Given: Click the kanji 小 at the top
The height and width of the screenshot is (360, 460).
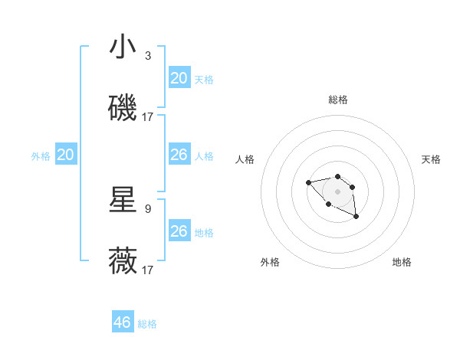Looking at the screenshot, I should point(123,47).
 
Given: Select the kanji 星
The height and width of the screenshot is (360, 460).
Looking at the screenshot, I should point(123,200).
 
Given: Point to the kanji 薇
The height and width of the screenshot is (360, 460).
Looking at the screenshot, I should point(123,261).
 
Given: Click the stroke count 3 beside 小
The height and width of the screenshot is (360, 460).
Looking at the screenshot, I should point(148,56).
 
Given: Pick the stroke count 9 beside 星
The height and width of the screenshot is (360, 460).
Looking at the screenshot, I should point(148,208).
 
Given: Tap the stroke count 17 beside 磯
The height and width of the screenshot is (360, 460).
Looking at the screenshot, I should point(148,117).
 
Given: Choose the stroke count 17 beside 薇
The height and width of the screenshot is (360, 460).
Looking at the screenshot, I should point(148,270).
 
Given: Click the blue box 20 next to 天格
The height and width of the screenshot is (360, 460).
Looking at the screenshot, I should point(179,78).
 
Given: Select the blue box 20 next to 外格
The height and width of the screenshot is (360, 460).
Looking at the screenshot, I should point(66,155).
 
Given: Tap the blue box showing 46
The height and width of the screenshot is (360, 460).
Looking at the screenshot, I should point(123,322).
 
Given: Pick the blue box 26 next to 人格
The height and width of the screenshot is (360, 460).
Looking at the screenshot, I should point(179,155).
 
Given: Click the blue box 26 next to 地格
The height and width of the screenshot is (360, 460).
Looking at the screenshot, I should point(179,231).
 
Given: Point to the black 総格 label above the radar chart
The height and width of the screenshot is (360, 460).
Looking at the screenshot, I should point(338,100).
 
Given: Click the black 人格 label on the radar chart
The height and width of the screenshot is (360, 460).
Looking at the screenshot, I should point(245,159).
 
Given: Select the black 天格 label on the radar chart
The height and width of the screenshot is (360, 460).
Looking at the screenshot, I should point(431,159).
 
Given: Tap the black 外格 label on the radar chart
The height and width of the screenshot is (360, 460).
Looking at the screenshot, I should point(270,262).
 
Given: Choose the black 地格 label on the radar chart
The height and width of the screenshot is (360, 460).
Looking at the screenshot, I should point(402,262).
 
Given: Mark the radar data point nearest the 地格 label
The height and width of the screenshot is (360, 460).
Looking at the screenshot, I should point(356,218).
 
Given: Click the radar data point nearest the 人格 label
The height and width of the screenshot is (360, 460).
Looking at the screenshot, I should point(308,182).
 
